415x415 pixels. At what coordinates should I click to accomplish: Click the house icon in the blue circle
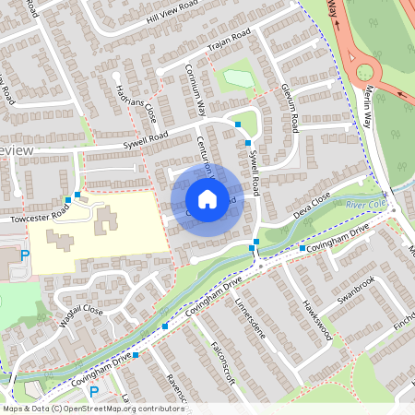pyautogui.click(x=207, y=198)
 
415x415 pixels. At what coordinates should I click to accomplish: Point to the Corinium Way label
pyautogui.click(x=196, y=89)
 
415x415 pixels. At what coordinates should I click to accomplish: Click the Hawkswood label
pyautogui.click(x=315, y=320)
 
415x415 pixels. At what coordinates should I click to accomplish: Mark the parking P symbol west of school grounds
pyautogui.click(x=25, y=255)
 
